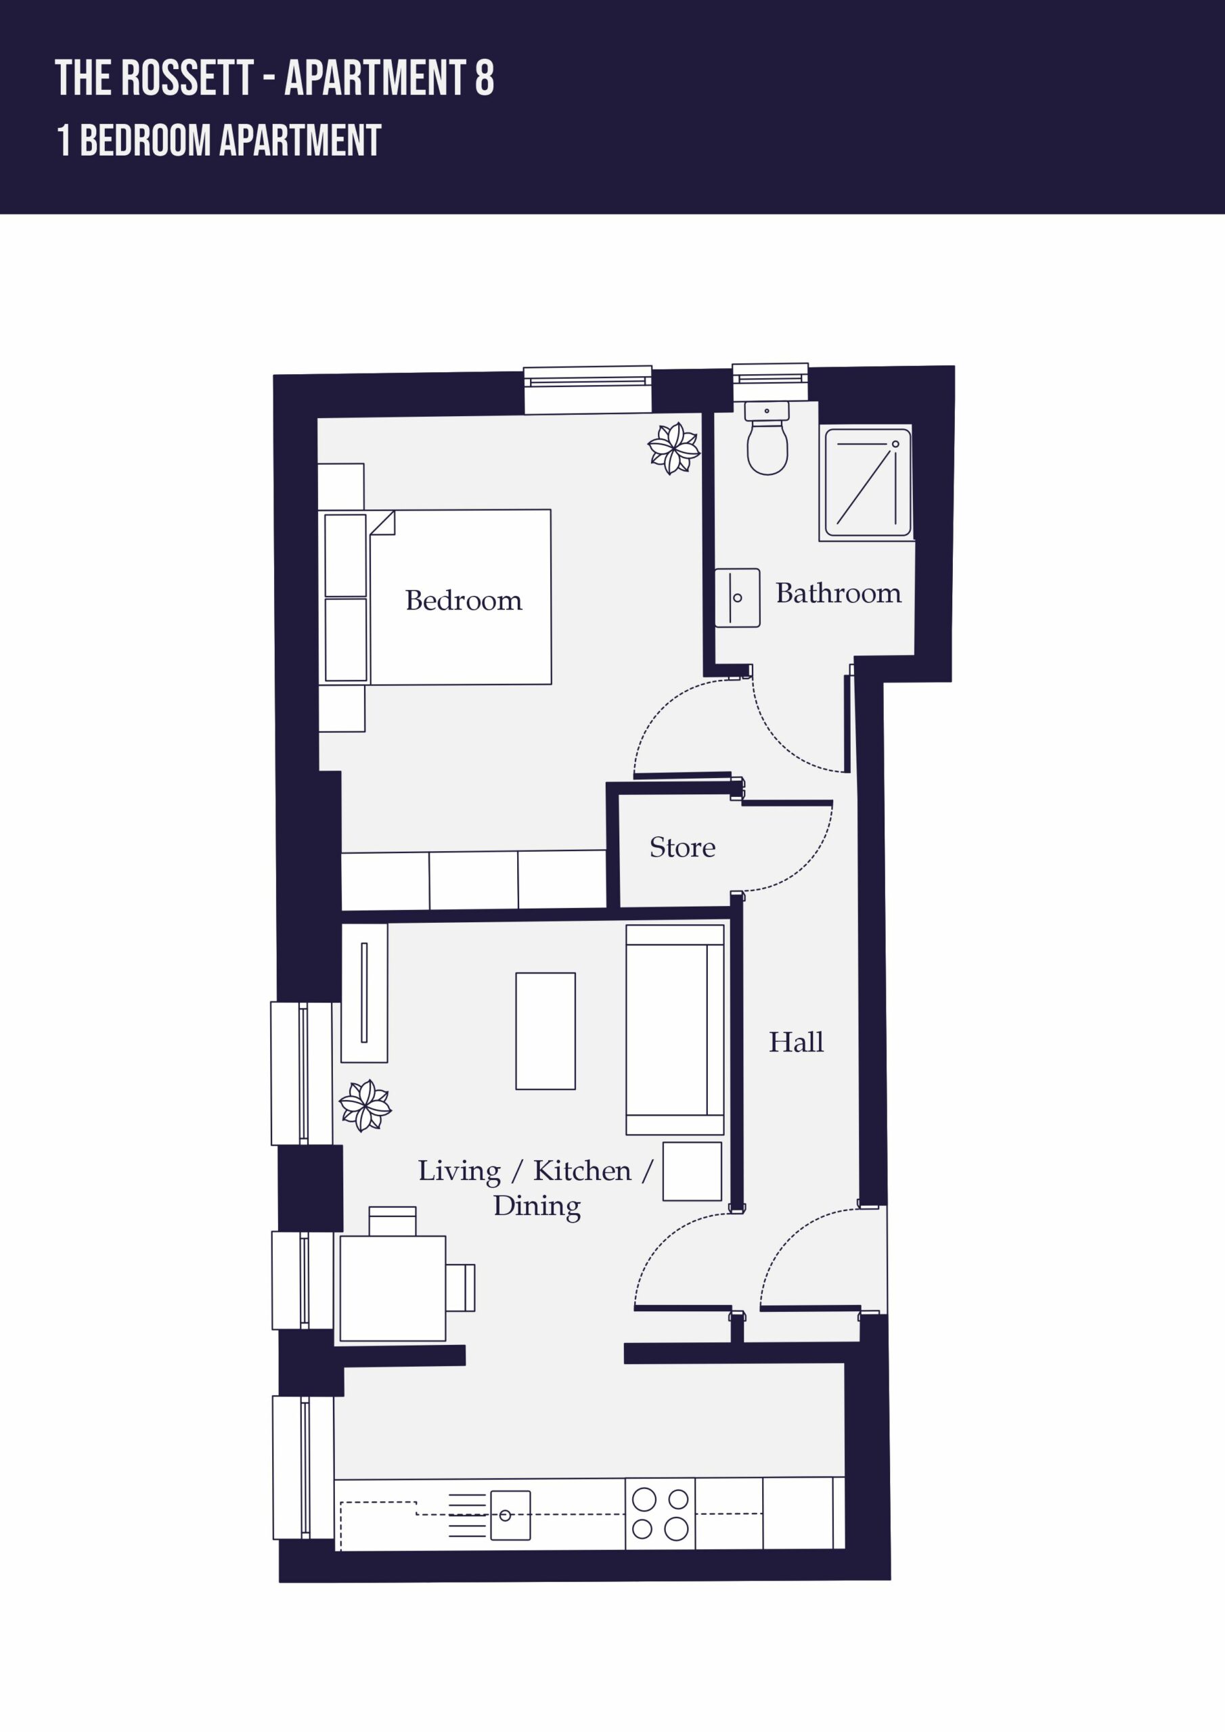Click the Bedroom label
click(464, 601)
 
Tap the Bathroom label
click(839, 593)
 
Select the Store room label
click(682, 847)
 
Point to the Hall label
click(797, 1042)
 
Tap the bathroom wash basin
click(738, 597)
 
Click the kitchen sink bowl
click(510, 1515)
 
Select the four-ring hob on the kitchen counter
click(660, 1513)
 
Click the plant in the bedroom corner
click(674, 448)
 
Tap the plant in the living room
click(365, 1106)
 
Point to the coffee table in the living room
click(545, 1031)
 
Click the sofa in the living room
click(675, 1030)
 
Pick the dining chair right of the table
click(460, 1287)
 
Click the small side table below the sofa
click(692, 1172)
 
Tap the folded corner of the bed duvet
click(382, 523)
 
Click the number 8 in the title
click(485, 78)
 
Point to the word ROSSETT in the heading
click(187, 78)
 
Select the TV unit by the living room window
click(365, 993)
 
